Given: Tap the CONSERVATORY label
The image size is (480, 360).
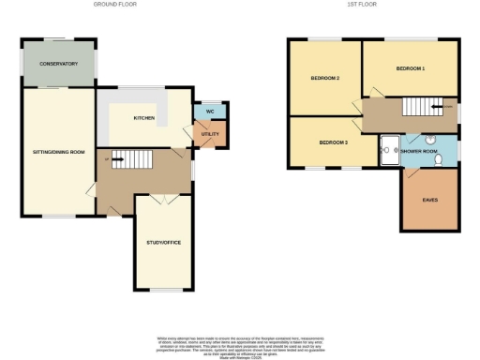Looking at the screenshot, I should pyautogui.click(x=57, y=64).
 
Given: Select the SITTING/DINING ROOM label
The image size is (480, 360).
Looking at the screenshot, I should pyautogui.click(x=59, y=151).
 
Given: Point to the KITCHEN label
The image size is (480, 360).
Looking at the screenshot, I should pyautogui.click(x=143, y=118).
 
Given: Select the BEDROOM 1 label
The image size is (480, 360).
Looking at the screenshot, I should pyautogui.click(x=410, y=69).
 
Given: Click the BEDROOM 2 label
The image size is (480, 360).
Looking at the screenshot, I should pyautogui.click(x=324, y=78).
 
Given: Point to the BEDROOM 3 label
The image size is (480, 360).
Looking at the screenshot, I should pyautogui.click(x=334, y=142).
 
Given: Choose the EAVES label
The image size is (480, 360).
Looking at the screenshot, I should pyautogui.click(x=429, y=200).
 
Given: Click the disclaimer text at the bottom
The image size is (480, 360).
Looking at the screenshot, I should pyautogui.click(x=240, y=344).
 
